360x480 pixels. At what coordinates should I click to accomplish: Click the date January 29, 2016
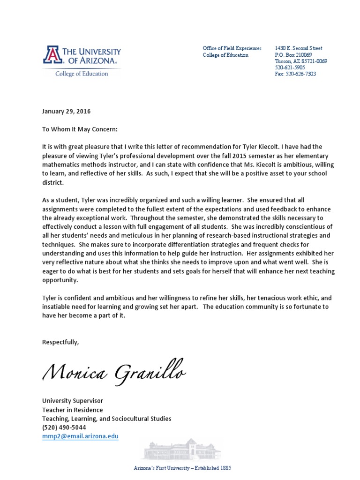coord(66,112)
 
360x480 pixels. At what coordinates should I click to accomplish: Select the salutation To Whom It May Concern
coord(80,128)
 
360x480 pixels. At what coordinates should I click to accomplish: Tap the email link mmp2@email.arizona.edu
coord(80,436)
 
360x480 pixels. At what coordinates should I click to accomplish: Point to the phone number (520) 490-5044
coord(64,427)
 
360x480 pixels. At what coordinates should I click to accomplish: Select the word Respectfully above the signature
coord(60,342)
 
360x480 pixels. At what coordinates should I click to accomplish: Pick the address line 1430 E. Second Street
coord(298,48)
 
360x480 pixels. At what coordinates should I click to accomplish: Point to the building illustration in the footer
coord(181,450)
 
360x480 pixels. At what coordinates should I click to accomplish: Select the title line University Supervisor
coord(72,401)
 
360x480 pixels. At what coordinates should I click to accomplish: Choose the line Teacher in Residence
coord(72,410)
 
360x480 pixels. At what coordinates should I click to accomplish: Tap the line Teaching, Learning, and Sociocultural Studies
coord(106,419)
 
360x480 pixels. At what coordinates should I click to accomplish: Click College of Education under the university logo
coord(82,74)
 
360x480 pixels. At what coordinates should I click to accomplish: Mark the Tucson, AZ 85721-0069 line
coord(300,61)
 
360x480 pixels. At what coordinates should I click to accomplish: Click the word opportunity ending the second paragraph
coord(60,280)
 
